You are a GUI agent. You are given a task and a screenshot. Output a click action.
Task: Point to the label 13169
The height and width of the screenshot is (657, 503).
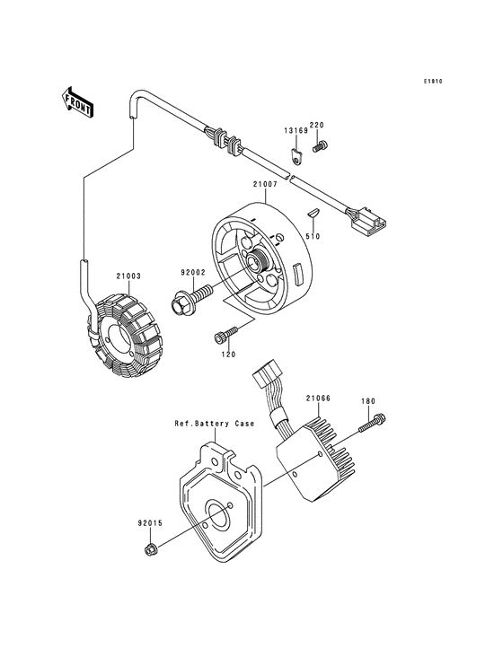click(297, 131)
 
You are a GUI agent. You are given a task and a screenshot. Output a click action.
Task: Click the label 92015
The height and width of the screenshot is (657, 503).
click(149, 519)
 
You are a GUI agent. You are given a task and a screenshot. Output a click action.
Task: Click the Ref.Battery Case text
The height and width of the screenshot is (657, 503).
click(215, 423)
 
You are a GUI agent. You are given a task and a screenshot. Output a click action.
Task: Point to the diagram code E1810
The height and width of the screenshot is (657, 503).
click(435, 83)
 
